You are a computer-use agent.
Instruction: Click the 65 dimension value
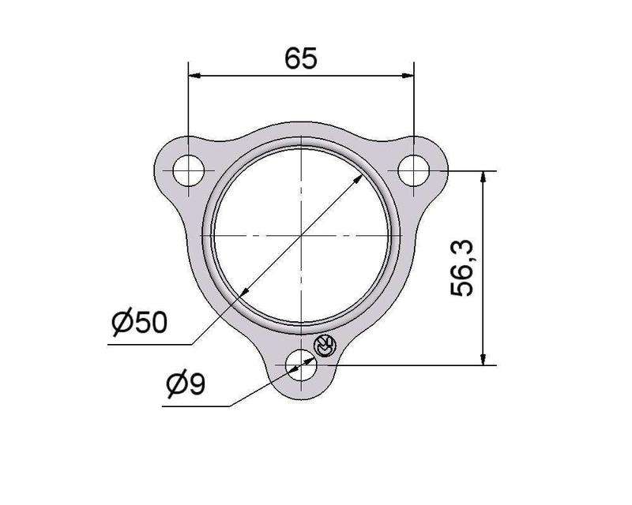pyautogui.click(x=301, y=58)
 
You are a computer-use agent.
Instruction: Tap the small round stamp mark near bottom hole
pyautogui.click(x=325, y=345)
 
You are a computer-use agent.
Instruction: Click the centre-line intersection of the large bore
pyautogui.click(x=302, y=236)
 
